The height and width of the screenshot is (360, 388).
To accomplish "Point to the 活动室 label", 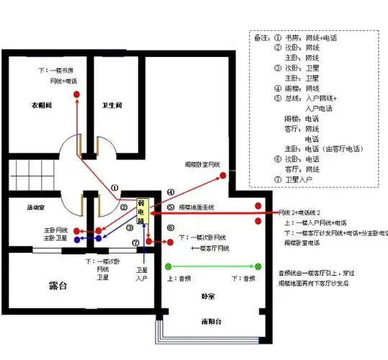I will [35, 207].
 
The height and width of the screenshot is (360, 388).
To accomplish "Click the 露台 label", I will [58, 286].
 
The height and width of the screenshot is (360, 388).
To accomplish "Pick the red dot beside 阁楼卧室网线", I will [222, 176].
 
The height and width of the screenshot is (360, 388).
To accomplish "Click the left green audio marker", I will [168, 266].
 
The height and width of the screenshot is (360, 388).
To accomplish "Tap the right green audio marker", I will [258, 266].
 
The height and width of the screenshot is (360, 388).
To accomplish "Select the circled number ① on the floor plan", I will [114, 188].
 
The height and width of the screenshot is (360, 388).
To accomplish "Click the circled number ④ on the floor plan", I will [171, 192].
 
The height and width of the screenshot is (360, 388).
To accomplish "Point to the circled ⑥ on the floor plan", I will [169, 228].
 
